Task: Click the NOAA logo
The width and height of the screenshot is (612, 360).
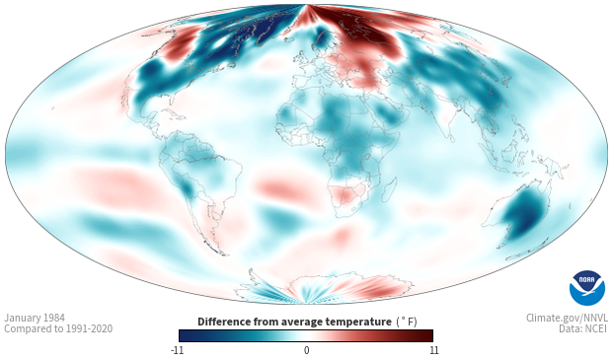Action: point(587,288)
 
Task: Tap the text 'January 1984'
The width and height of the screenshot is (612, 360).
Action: point(35,318)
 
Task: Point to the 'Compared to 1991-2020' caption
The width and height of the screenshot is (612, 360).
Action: point(58,328)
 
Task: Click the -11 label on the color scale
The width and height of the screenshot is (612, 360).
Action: point(177,350)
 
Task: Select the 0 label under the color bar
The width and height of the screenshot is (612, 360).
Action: point(306,350)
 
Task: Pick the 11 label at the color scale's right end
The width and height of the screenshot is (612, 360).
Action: point(433,350)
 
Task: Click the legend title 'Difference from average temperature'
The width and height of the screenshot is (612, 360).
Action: point(294,322)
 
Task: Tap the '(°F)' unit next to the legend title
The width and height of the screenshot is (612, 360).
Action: point(407,322)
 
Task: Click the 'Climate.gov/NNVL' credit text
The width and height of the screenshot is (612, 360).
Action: point(567,318)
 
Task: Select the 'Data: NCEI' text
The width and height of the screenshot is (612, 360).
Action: point(583,328)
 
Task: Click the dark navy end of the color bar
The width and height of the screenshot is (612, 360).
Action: point(186,335)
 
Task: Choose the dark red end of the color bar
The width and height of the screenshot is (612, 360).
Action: point(426,335)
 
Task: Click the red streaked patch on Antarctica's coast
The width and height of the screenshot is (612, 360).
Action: point(375,287)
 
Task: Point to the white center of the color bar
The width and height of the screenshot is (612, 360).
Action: point(306,335)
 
